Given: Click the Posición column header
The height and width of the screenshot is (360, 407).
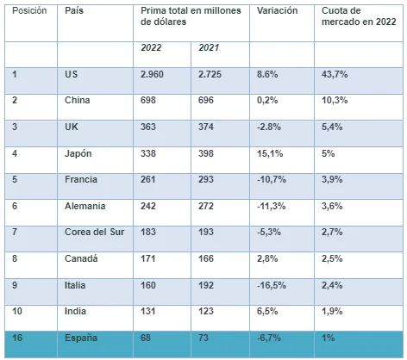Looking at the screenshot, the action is coord(29,11).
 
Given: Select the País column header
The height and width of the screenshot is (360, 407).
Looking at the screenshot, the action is coord(74,11).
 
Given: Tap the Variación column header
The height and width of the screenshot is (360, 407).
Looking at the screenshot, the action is coord(277,11).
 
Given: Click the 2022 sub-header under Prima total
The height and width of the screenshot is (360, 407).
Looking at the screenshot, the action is coord(151,47).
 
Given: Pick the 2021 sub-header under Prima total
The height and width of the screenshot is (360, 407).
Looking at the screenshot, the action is coord(209,47).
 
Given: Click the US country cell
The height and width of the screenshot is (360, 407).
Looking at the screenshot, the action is coord(72,74).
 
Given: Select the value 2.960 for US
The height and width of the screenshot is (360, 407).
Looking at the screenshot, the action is coord(152,74).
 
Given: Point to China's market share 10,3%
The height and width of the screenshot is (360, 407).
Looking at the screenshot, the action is coord(335,100).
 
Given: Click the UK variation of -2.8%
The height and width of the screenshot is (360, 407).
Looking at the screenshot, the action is coord(269,127).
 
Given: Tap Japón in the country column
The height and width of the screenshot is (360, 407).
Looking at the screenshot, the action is coord(78,153).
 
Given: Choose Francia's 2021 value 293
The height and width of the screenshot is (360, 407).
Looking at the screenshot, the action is coord(206,179).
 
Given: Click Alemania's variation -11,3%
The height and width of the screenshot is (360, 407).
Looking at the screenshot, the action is coord(272,206).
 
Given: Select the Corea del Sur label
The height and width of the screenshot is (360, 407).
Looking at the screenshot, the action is coord(95,232).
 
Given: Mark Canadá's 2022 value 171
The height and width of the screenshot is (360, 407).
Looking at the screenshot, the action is coord(148,258).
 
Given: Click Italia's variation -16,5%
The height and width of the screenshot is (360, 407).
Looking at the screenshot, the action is coord(272,285).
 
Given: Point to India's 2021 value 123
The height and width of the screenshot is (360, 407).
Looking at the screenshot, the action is coord(206,311).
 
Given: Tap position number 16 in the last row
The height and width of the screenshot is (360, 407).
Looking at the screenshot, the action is coord(17,338).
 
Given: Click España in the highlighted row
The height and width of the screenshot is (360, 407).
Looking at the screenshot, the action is coord(81,338).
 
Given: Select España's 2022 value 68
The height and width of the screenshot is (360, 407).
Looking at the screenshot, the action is coord(146,338).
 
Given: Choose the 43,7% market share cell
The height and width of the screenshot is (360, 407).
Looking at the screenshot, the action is coord(335,74).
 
